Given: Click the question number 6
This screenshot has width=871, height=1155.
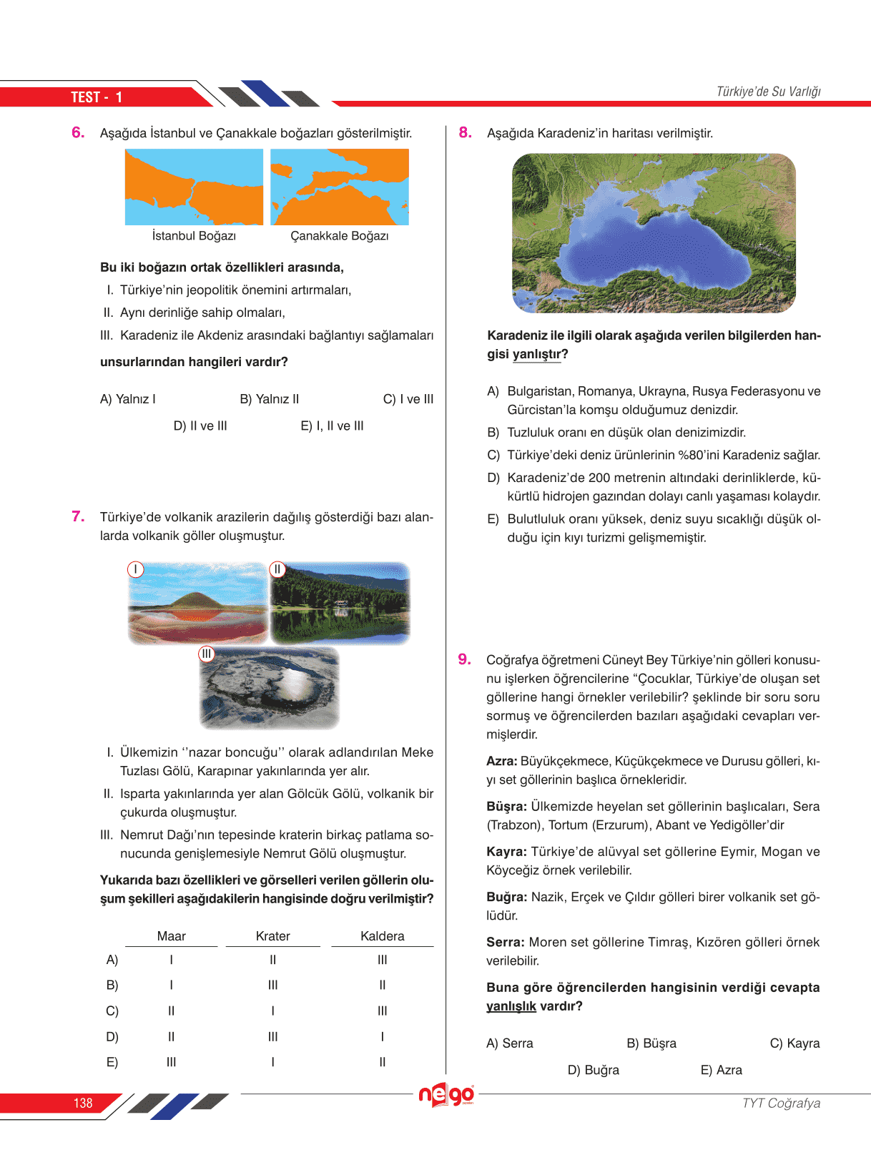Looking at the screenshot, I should [78, 132].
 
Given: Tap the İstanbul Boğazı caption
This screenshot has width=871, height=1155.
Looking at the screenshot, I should [194, 236].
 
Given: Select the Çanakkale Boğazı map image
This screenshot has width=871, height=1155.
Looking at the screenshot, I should [340, 187].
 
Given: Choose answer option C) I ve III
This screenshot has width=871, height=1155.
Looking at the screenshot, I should [408, 399].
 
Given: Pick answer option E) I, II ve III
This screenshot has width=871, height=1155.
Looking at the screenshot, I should [332, 426].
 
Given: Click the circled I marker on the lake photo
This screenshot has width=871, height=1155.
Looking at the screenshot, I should [135, 569].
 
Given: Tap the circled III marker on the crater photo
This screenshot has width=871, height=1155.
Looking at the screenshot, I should [207, 654].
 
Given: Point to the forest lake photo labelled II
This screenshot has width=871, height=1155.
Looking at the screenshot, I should [340, 603].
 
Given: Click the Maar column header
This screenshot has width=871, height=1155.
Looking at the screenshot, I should [171, 936].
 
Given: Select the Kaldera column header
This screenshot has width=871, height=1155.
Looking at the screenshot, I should [382, 936].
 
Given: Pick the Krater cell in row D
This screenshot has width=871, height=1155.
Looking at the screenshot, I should [272, 1036].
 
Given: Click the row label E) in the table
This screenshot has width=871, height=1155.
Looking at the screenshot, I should [112, 1062].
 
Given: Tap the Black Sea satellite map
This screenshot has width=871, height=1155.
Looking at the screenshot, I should [654, 233].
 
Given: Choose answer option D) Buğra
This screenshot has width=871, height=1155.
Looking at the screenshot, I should [593, 1070].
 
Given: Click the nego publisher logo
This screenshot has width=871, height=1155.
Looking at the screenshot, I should [446, 1094].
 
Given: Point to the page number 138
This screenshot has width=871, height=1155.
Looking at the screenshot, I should [83, 1103].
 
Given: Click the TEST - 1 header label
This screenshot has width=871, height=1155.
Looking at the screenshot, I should [97, 97].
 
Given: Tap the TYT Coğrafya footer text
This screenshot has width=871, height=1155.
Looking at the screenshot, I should [781, 1103].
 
